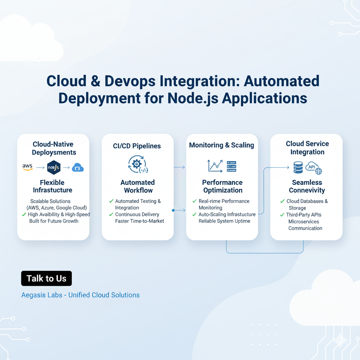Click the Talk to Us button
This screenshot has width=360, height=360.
pos(46,278)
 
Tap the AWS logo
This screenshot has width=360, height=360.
pos(27,167)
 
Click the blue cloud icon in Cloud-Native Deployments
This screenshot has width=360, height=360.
pos(78,167)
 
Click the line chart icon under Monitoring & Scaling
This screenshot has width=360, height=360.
pos(215,166)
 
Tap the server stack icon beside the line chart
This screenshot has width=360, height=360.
pos(231,166)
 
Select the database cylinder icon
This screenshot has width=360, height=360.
pos(298,167)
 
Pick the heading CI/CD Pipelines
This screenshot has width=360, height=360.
pos(137,146)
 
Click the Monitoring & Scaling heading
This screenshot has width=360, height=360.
pos(221,145)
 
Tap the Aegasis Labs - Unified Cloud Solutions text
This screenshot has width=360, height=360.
pos(81,295)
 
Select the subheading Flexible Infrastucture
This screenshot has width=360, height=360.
pos(53,186)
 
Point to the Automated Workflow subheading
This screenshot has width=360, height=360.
pos(137,186)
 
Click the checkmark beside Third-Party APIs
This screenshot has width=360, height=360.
pos(282,214)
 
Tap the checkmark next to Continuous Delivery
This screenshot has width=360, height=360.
pos(111,214)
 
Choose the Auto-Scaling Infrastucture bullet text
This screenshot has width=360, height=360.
pos(227,214)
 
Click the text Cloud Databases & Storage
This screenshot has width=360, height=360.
pos(307,205)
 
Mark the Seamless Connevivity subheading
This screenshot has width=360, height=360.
pos(307,186)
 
